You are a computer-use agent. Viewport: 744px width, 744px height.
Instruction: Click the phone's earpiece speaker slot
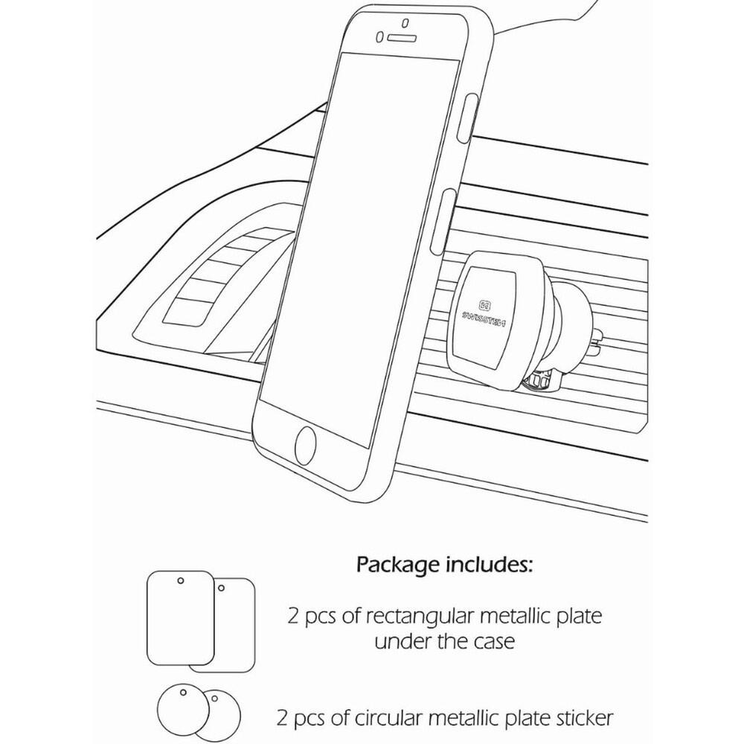402,35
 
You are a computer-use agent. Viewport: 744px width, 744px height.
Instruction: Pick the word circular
414,718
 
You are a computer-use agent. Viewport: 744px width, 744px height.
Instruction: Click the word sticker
588,718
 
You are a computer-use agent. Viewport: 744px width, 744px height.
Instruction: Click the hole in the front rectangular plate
180,580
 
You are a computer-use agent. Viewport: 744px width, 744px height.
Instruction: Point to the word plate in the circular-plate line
521,718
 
